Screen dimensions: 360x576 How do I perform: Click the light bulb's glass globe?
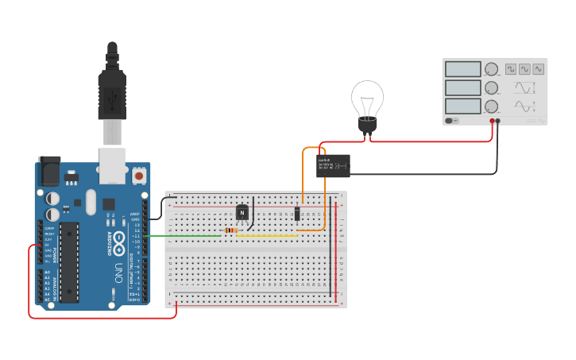[x=367, y=99]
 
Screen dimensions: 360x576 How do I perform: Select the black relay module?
[x=333, y=165]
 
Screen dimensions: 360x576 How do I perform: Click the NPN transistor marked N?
[x=242, y=212]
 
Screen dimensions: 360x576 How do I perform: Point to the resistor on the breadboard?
[x=230, y=230]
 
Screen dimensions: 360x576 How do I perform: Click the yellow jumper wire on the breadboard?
[x=267, y=235]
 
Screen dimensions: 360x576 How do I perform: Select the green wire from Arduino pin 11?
[x=183, y=235]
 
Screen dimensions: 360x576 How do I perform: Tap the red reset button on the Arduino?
[x=139, y=174]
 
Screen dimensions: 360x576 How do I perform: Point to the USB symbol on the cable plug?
[x=112, y=99]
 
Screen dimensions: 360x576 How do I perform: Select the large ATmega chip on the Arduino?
[x=69, y=262]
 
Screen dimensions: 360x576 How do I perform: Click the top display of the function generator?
[x=462, y=70]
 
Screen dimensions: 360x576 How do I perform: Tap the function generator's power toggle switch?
[x=452, y=121]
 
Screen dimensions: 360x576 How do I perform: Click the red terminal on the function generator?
[x=493, y=121]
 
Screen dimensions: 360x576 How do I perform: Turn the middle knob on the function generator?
[x=491, y=87]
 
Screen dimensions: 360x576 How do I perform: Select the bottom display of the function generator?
[x=462, y=106]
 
